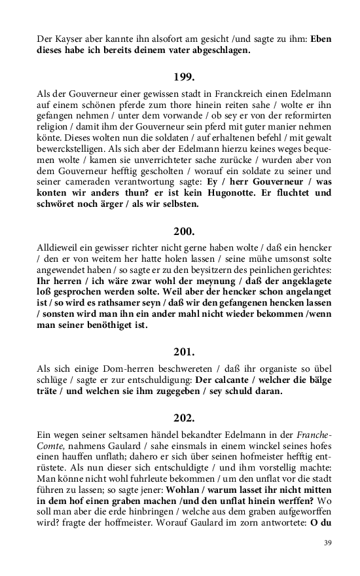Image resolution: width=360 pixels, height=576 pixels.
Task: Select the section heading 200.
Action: tap(184, 231)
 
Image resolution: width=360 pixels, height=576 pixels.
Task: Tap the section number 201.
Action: tap(184, 353)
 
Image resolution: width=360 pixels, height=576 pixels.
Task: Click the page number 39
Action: tap(327, 543)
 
